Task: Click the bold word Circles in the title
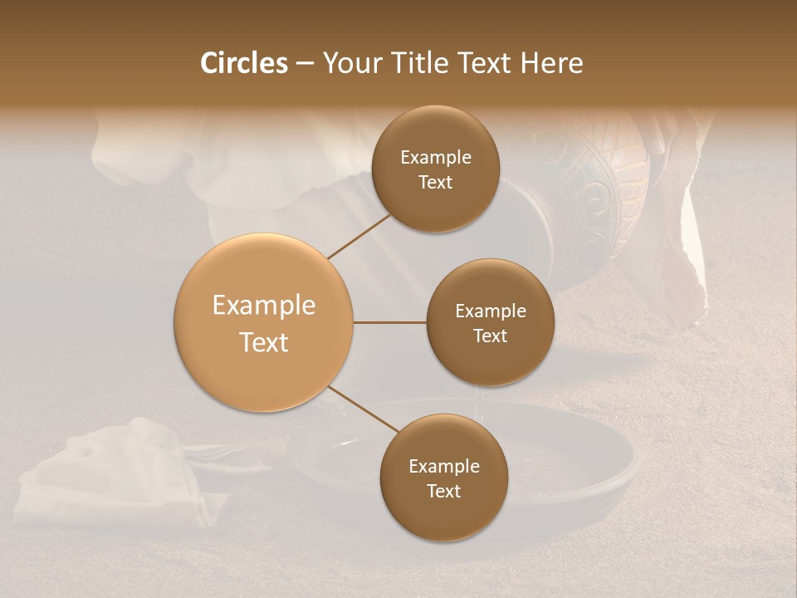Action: tap(243, 63)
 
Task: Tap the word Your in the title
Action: tap(350, 63)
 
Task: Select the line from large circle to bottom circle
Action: tap(363, 409)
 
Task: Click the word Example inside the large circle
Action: tap(264, 306)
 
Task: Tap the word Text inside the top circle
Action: tap(435, 182)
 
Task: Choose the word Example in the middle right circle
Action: tap(491, 311)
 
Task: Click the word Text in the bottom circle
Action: tap(443, 491)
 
